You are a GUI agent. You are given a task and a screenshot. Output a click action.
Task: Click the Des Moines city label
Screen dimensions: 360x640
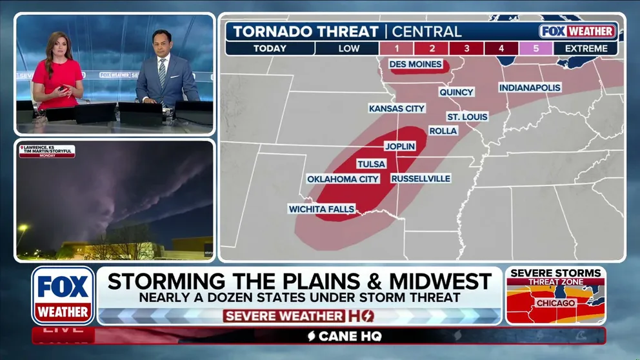[415, 65]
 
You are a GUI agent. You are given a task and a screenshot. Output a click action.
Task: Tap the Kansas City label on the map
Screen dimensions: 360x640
[397, 108]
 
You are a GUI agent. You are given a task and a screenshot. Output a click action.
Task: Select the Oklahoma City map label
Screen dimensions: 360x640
[343, 179]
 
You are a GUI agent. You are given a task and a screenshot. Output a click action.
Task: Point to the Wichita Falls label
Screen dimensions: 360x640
[321, 209]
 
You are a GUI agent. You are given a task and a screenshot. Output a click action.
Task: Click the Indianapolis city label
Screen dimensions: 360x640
[530, 87]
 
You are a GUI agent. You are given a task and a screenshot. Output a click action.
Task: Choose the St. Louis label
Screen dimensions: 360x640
[467, 117]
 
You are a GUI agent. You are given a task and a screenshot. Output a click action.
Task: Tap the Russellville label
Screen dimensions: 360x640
[420, 178]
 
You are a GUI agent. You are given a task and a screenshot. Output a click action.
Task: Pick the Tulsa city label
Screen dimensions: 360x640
[371, 164]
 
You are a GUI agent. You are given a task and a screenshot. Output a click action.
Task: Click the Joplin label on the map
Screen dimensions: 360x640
[399, 146]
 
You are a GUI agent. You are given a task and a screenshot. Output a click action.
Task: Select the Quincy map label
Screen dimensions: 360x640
[456, 92]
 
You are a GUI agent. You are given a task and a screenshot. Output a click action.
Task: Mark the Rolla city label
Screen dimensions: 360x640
[443, 131]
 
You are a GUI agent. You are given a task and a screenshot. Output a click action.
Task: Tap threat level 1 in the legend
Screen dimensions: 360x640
[396, 48]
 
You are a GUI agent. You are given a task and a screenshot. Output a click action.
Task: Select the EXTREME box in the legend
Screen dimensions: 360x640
[585, 48]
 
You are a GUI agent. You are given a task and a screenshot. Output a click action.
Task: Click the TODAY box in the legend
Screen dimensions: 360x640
[270, 48]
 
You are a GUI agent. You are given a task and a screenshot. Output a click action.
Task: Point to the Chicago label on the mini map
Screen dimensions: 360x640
[555, 303]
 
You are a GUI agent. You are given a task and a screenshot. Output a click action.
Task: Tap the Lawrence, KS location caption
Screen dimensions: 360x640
[46, 151]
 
